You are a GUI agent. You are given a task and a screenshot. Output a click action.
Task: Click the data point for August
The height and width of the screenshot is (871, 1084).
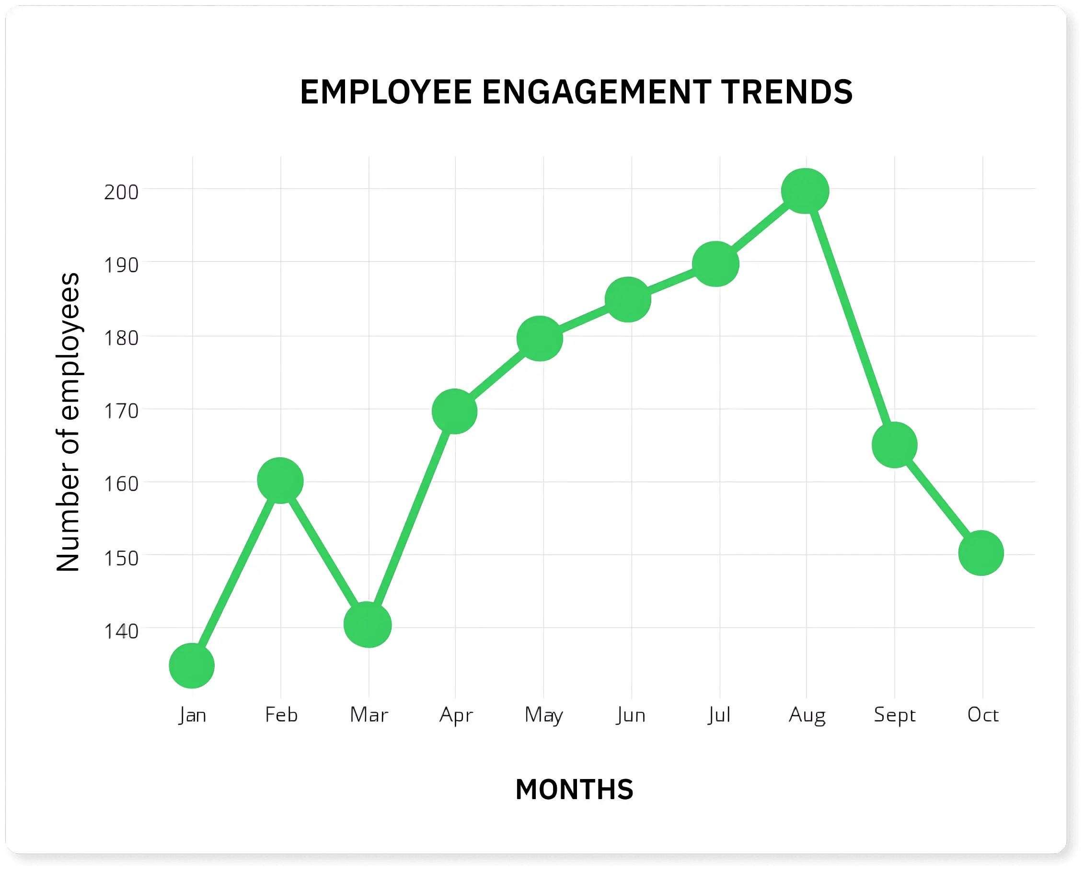805,191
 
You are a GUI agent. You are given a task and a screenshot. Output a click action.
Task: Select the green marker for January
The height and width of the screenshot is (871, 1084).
192,665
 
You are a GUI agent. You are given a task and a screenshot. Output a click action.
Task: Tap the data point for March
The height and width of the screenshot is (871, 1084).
368,624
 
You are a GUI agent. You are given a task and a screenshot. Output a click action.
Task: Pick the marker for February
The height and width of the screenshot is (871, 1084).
280,481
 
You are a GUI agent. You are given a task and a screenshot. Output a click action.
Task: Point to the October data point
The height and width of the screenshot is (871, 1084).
981,553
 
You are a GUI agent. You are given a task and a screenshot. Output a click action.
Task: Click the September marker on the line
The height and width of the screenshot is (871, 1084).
894,445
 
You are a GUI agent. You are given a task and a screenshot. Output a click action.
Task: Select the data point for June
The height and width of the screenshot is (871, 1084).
628,299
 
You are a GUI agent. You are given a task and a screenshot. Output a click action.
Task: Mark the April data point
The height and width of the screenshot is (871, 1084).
454,411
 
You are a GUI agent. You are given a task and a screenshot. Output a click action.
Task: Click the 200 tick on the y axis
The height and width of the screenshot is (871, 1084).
121,192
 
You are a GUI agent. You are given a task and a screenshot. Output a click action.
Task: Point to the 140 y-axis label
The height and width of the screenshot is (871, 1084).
121,631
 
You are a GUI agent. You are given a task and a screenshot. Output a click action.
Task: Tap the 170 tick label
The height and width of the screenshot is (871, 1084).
121,411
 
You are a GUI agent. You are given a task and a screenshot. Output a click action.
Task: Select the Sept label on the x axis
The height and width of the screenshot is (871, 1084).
894,714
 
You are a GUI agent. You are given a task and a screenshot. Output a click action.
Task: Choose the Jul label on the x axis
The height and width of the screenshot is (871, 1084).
719,714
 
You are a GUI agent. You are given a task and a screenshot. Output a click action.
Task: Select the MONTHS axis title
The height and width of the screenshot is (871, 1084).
574,789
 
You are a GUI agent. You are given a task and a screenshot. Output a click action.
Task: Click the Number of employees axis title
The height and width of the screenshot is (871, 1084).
68,422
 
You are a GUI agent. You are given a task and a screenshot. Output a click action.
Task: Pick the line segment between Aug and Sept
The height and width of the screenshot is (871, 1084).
850,318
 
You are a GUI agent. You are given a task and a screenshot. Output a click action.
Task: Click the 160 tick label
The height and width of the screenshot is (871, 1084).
121,484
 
